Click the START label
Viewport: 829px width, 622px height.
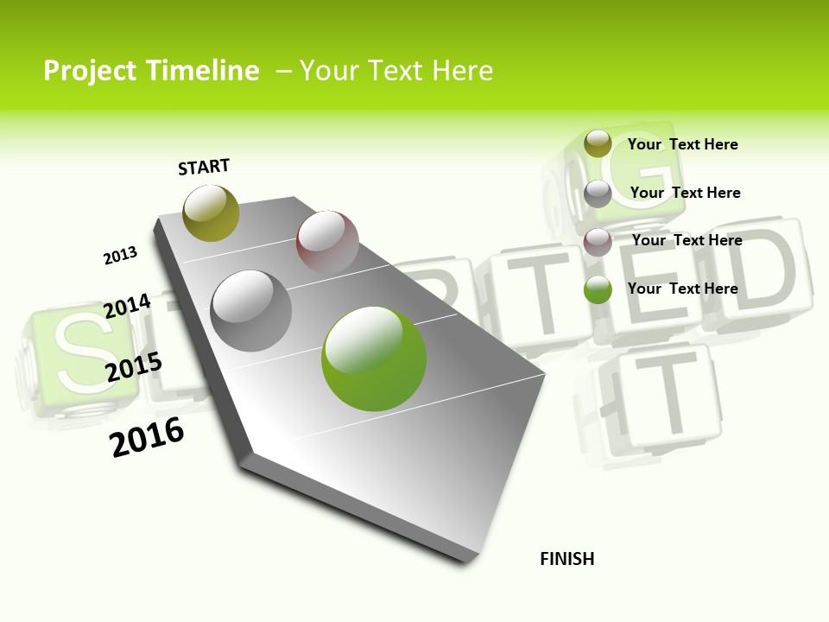[204, 167]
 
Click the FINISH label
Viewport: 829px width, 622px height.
[567, 559]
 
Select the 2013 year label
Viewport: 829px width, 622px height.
[121, 256]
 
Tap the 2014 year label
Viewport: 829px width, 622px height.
[127, 307]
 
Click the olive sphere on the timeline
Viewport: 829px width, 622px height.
[212, 213]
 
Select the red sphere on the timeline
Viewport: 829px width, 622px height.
[327, 241]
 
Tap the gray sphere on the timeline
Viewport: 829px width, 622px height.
[251, 311]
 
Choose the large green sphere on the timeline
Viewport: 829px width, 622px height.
[374, 359]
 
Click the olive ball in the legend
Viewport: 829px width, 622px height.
[598, 144]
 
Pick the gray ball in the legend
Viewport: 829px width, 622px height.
[598, 194]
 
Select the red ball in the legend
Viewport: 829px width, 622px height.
[598, 242]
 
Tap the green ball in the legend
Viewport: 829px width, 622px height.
[598, 290]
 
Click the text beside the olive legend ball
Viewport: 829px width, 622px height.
[683, 144]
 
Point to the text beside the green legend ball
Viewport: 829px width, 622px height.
[683, 289]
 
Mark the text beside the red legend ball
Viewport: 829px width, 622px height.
[687, 240]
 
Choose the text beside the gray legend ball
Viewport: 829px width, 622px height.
[686, 193]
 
